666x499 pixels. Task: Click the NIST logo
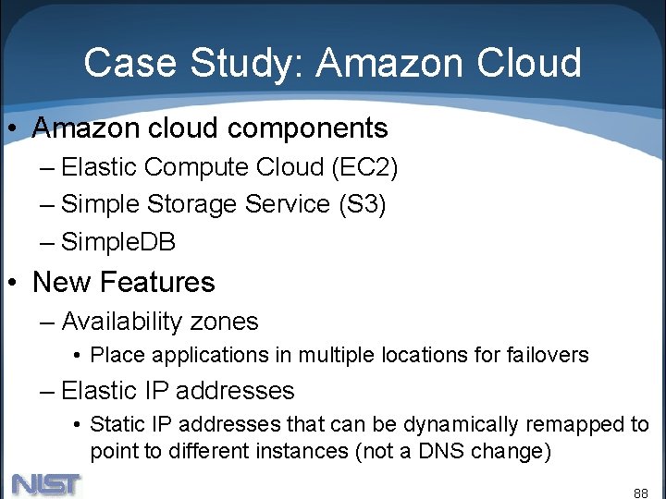46,484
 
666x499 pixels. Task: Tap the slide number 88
640,493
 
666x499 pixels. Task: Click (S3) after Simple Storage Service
362,204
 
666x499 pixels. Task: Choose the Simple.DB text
118,242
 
